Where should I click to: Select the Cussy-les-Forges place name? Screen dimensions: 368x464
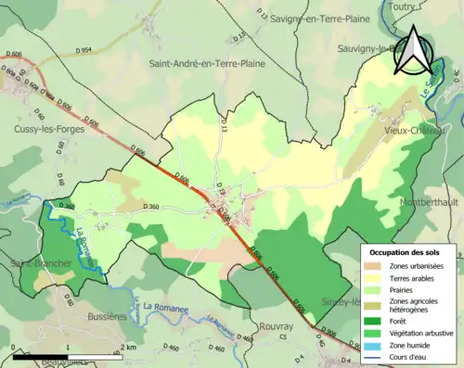point(48,130)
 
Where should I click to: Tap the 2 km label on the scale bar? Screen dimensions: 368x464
point(130,348)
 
